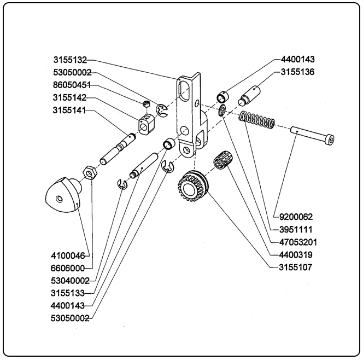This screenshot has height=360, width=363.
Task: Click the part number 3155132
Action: coord(70,59)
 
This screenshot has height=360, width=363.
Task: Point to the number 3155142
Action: coord(70,98)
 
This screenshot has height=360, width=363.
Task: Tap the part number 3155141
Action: coord(70,112)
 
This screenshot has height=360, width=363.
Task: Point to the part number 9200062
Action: coord(295,216)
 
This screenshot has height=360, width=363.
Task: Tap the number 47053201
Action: coord(295,242)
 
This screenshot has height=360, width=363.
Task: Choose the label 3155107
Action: coord(295,268)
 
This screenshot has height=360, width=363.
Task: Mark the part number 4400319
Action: coord(295,254)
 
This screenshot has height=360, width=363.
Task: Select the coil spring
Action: coord(257,121)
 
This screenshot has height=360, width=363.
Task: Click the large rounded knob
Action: coord(61,196)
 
